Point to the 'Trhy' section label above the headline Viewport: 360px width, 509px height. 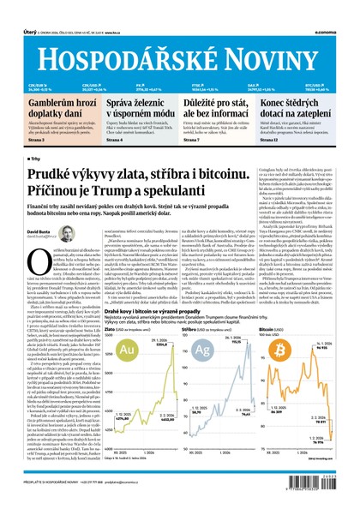click(x=33, y=159)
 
